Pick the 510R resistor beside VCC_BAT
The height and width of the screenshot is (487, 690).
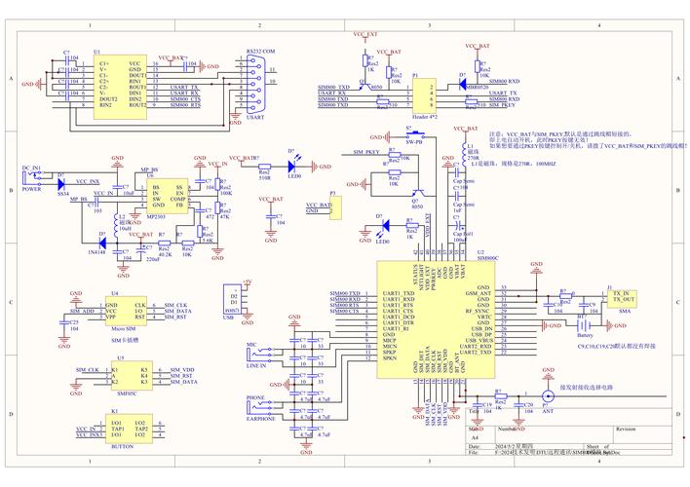[x=265, y=169]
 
